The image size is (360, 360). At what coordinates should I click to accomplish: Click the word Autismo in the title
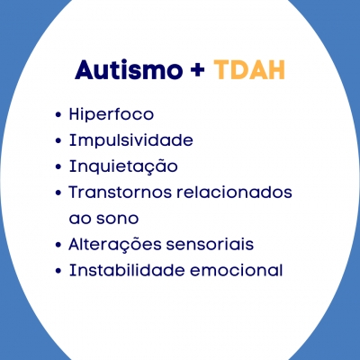pyautogui.click(x=129, y=70)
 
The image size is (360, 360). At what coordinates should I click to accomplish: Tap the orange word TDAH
pyautogui.click(x=249, y=70)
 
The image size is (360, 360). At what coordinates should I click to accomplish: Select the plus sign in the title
pyautogui.click(x=197, y=71)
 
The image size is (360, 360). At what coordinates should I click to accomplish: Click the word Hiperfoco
pyautogui.click(x=112, y=114)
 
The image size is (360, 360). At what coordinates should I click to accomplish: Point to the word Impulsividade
pyautogui.click(x=131, y=140)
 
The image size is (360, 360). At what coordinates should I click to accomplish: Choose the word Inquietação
pyautogui.click(x=123, y=166)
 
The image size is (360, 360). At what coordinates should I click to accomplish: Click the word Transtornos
pyautogui.click(x=120, y=193)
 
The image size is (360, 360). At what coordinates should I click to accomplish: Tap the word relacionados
pyautogui.click(x=234, y=193)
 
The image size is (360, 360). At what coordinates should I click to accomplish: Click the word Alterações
pyautogui.click(x=115, y=244)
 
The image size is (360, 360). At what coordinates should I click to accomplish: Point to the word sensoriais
pyautogui.click(x=210, y=244)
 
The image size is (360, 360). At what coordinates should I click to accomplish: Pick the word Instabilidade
pyautogui.click(x=127, y=270)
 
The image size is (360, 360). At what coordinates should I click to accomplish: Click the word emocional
pyautogui.click(x=237, y=270)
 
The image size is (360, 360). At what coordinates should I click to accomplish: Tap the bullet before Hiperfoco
pyautogui.click(x=58, y=115)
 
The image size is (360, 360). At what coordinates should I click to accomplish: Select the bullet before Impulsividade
pyautogui.click(x=58, y=140)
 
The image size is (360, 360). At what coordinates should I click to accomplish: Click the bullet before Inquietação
pyautogui.click(x=58, y=166)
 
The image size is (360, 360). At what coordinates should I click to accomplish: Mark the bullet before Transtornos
pyautogui.click(x=58, y=193)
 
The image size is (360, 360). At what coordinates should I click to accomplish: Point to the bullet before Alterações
pyautogui.click(x=58, y=245)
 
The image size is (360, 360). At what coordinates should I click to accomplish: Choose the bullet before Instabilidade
pyautogui.click(x=58, y=271)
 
